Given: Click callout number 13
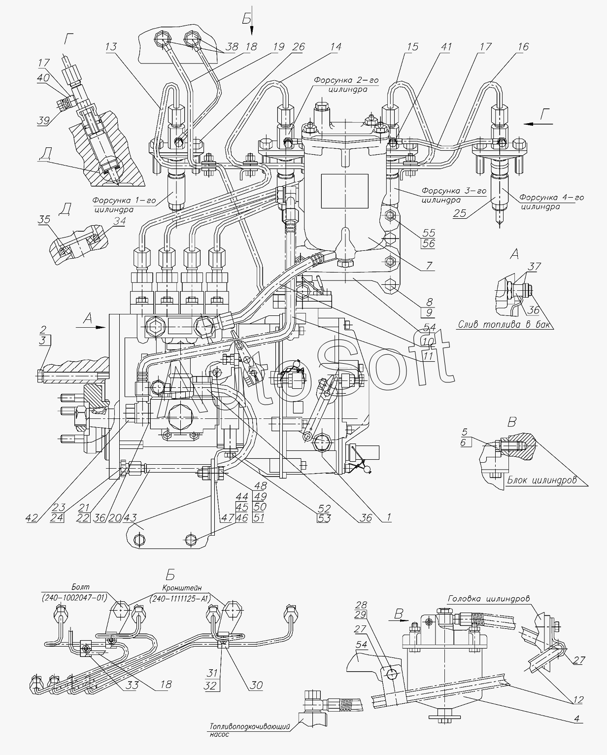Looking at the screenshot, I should pos(111,47).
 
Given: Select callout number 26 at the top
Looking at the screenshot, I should pos(298,47).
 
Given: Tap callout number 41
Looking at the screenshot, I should pos(446,47).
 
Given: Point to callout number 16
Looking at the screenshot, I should pos(523,47).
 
